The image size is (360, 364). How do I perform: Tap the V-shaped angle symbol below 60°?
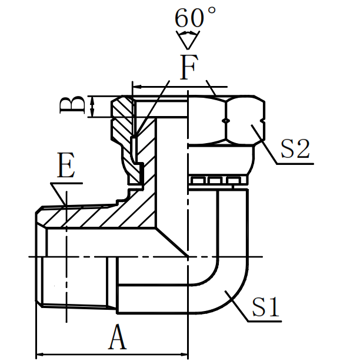coord(188,41)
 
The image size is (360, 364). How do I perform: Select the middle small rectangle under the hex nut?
coord(216,180)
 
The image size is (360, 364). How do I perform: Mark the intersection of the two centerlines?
coord(188,257)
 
